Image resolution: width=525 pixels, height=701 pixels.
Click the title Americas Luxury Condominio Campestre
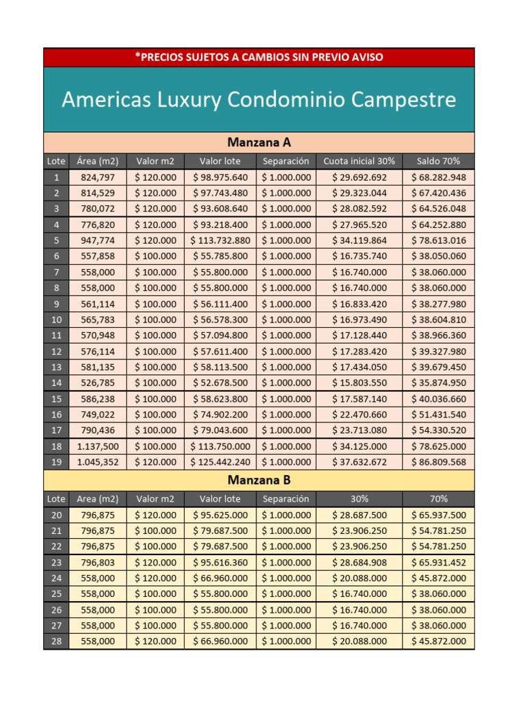(x=258, y=100)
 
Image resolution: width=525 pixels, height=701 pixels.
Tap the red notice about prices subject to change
(x=258, y=57)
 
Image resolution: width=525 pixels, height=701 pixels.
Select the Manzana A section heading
(x=258, y=142)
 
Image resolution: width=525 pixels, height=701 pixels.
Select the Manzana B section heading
(x=258, y=479)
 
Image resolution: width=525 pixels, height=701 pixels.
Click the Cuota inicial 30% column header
(x=359, y=161)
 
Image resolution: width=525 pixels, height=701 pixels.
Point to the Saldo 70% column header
(x=438, y=161)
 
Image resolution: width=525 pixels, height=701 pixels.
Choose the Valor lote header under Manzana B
(x=220, y=499)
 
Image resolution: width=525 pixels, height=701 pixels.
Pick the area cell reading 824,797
(x=98, y=177)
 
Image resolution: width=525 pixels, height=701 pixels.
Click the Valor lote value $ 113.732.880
(x=220, y=240)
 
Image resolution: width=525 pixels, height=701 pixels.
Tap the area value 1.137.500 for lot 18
(x=98, y=446)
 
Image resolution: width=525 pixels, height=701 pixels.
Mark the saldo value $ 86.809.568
(x=438, y=462)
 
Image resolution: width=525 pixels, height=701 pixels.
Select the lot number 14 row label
(x=56, y=383)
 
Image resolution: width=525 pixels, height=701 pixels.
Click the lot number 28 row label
(x=56, y=641)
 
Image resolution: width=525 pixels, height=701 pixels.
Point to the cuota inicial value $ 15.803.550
(x=359, y=383)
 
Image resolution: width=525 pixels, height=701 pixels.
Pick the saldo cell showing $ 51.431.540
(x=438, y=414)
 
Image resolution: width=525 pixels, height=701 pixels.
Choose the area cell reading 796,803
(x=98, y=563)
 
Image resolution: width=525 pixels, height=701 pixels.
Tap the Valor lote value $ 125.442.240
(x=220, y=462)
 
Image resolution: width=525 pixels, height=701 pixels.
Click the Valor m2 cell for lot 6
(x=155, y=256)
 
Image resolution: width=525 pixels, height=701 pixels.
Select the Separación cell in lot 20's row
(x=286, y=515)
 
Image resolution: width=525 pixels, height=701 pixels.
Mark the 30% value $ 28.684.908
(x=359, y=563)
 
